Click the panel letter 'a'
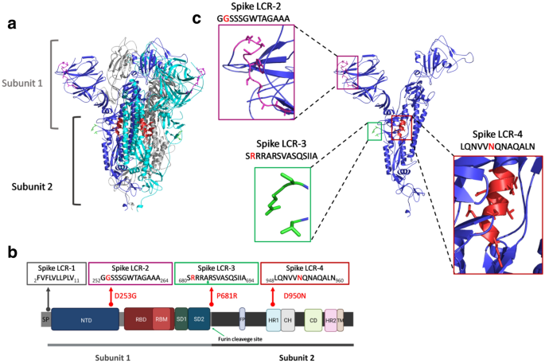tap(11, 22)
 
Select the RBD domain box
tap(140, 319)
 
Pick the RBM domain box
tap(162, 319)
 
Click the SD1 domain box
tap(181, 319)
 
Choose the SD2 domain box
tap(200, 319)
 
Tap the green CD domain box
tap(313, 319)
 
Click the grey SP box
tap(45, 319)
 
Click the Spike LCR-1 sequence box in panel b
tap(56, 275)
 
